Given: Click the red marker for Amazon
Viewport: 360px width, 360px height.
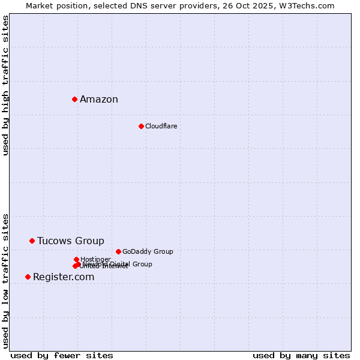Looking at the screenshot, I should [74, 99].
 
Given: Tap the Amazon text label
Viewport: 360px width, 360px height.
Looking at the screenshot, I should [99, 100].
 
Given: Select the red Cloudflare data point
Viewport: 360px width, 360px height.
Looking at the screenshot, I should [141, 126].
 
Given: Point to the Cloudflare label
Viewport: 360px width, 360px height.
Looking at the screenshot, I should [161, 126].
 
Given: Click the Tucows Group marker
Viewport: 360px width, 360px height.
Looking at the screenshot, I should [32, 241].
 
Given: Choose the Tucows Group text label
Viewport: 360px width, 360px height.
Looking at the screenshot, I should [70, 241].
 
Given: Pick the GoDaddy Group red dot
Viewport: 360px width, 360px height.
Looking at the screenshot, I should [118, 251].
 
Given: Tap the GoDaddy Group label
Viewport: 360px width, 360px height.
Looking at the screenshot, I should [148, 252].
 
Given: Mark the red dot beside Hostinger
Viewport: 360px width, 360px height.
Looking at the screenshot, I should [76, 259].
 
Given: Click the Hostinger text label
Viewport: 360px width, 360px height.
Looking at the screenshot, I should [95, 259].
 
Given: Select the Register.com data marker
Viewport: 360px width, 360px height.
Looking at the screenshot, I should [28, 277].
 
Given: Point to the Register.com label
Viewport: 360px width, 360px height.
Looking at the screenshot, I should [64, 277].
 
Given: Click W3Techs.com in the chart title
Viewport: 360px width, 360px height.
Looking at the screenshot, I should [310, 5].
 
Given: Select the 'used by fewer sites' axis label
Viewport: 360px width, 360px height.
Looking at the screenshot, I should [62, 356].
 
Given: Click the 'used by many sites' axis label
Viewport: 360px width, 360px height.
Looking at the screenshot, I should [301, 356].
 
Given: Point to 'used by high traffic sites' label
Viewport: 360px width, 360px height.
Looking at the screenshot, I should [5, 86].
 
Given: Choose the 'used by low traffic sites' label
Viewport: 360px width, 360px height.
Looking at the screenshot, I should [5, 281].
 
